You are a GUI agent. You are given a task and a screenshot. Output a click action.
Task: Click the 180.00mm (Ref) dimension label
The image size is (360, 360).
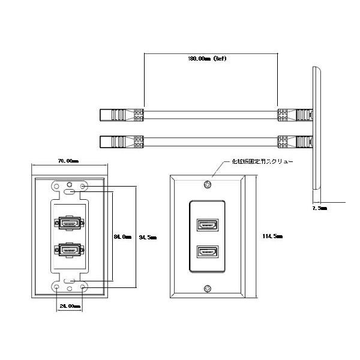pyautogui.click(x=207, y=59)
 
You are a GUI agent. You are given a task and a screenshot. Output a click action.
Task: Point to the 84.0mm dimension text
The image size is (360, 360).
pyautogui.click(x=122, y=236)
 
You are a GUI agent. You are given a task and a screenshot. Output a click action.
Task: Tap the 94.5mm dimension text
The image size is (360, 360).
pyautogui.click(x=147, y=238)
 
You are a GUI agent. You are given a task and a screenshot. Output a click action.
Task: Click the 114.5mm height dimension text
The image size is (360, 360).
pyautogui.click(x=272, y=236)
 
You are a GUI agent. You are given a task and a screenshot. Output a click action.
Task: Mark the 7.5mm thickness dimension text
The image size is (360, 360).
pyautogui.click(x=320, y=208)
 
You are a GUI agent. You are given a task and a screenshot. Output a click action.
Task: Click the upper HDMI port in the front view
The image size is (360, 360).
pyautogui.click(x=206, y=226)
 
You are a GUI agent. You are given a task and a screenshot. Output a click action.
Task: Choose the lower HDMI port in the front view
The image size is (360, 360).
pyautogui.click(x=206, y=252)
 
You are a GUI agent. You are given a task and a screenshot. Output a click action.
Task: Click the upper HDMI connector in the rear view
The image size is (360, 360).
pyautogui.click(x=70, y=224)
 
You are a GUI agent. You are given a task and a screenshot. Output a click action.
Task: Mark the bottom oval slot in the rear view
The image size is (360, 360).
pyautogui.click(x=71, y=280)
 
